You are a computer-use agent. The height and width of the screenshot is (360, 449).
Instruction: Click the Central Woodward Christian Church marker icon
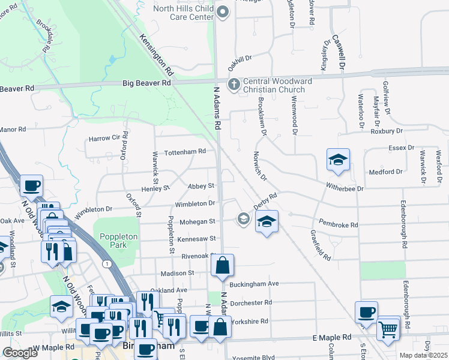point(234,84)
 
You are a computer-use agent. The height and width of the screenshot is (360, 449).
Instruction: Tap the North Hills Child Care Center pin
point(223,12)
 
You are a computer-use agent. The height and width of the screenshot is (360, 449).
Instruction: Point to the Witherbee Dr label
point(345,188)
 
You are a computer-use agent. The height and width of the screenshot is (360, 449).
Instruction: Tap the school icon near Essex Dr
point(338,160)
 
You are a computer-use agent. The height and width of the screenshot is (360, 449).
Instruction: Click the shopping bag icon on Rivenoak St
point(222,265)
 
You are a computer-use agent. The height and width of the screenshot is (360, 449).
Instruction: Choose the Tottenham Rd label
point(185,152)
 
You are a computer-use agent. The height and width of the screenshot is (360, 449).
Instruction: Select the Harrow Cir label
point(104,139)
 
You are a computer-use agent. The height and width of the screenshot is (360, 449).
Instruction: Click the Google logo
point(20,353)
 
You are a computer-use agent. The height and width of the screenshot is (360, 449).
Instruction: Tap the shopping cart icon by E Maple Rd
point(388,328)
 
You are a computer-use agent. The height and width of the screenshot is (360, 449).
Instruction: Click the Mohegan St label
point(196,221)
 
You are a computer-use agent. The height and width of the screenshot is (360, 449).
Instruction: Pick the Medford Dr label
point(386,172)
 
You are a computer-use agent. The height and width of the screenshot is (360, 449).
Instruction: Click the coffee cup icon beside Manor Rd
point(31,185)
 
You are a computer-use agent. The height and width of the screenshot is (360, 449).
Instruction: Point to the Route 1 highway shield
point(107,264)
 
